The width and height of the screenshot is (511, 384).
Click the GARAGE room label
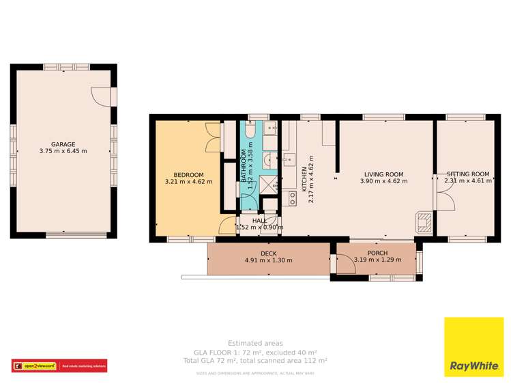tap(63, 144)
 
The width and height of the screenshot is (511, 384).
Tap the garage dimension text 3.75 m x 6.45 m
tap(63, 151)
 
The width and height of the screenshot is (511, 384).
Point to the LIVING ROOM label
tap(383, 174)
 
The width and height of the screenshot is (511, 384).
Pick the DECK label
tap(268, 253)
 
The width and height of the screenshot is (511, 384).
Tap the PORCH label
tap(377, 253)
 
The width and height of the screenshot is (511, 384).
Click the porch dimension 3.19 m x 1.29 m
tap(377, 260)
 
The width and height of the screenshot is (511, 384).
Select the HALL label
tap(259, 221)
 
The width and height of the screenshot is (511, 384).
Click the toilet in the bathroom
tap(250, 131)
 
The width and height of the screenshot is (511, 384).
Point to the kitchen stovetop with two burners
tap(291, 198)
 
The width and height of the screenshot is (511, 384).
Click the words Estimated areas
tap(256, 343)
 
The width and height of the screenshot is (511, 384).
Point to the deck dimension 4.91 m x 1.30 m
tap(268, 260)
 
